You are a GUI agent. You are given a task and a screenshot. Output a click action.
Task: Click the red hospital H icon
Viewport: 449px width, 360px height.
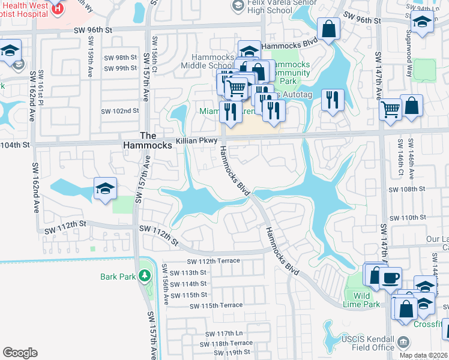58,8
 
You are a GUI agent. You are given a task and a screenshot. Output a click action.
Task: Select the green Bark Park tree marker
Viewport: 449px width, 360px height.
144,276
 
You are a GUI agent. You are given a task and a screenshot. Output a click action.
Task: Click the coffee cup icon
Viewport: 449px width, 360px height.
391,277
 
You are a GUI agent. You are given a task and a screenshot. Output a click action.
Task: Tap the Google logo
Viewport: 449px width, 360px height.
20,353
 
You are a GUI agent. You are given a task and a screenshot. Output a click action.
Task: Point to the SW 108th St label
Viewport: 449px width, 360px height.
407,189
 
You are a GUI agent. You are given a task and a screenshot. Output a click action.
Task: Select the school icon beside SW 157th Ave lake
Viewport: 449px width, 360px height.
105,189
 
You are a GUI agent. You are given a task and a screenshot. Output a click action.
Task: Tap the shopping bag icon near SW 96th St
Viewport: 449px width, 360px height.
329,28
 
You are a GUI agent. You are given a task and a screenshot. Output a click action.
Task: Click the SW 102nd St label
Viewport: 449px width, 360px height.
120,111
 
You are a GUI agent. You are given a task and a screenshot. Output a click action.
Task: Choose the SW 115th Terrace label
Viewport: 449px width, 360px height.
215,306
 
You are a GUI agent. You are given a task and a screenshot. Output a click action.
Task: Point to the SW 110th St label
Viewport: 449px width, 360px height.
407,217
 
